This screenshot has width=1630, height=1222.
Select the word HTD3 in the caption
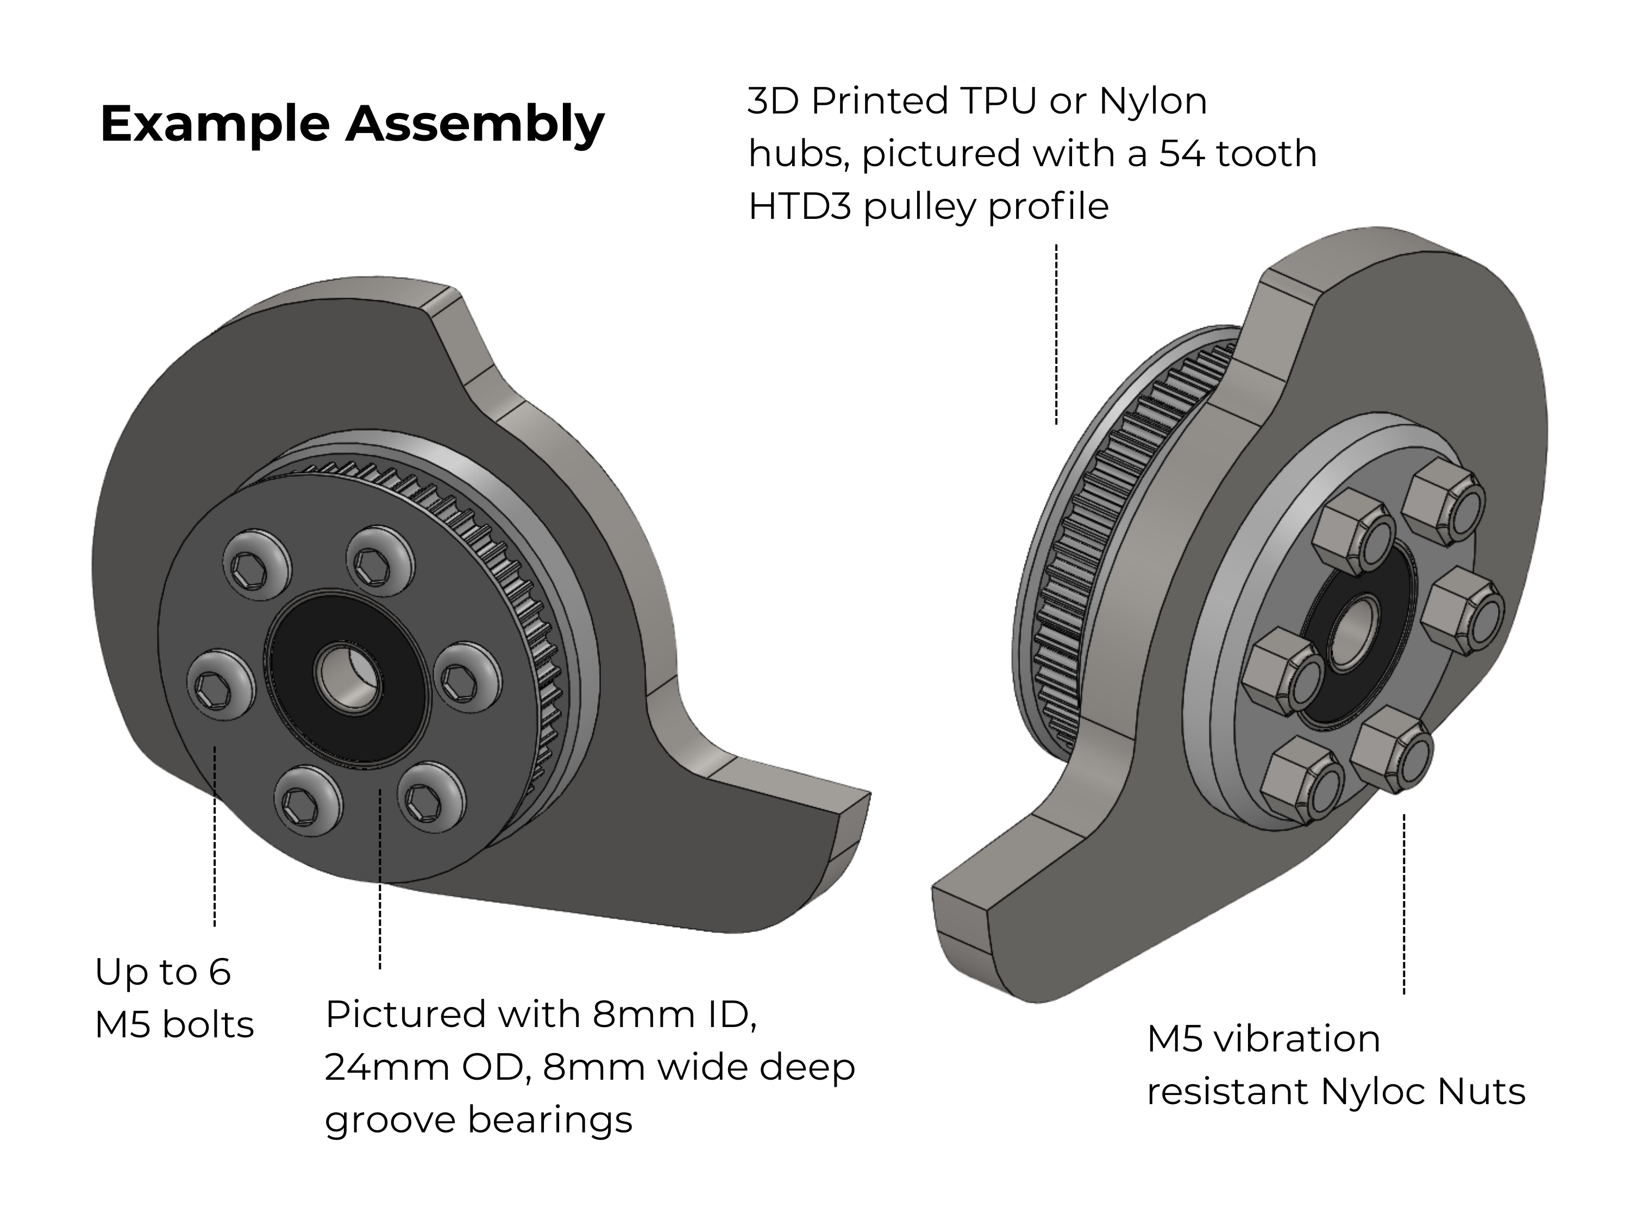click(800, 206)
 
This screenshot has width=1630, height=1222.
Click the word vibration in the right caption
click(1297, 1040)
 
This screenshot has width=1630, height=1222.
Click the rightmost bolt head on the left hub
click(466, 677)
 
